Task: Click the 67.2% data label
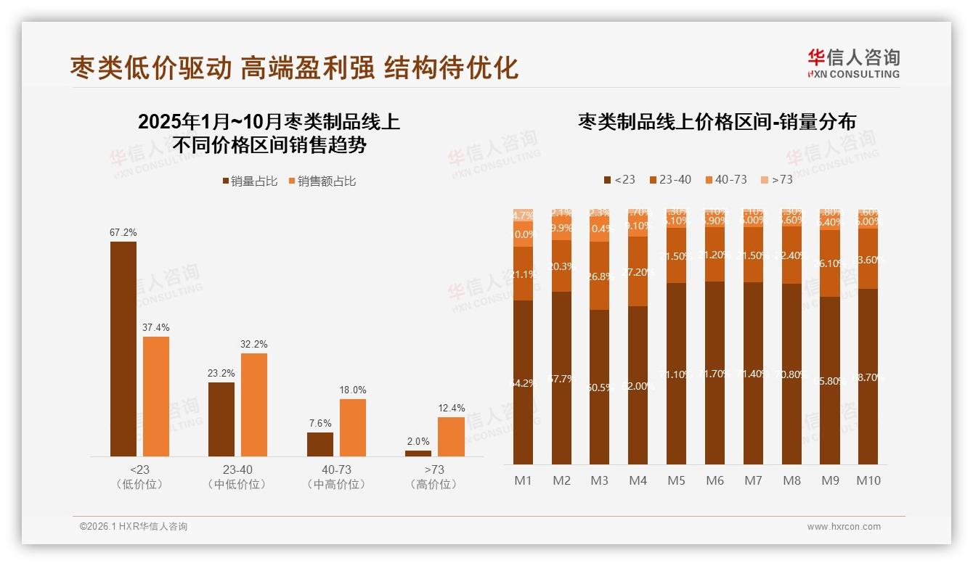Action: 123,233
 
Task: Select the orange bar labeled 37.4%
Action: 156,396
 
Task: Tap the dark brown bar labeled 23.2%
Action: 221,419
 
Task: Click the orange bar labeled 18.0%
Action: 353,427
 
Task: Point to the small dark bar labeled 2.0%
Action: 418,453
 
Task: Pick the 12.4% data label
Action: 452,409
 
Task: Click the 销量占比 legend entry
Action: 250,181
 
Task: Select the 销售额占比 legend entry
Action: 322,181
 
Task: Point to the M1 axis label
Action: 524,480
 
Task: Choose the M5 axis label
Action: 676,480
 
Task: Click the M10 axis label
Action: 868,480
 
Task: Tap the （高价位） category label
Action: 433,484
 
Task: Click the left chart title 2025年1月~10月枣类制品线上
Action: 269,122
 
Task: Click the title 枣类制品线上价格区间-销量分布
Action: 717,121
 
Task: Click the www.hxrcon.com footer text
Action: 844,527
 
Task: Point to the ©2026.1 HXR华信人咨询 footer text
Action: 134,527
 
